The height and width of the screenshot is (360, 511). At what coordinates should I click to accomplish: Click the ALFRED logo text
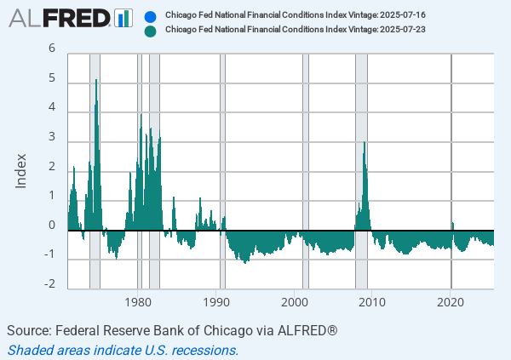(x=60, y=17)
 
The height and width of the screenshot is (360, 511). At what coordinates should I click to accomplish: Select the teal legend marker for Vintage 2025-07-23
(x=151, y=31)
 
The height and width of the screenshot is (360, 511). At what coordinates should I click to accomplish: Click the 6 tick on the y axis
(x=52, y=49)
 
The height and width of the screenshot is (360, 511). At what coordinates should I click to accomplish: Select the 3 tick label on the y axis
(x=52, y=138)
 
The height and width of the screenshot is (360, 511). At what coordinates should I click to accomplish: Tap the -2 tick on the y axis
(x=50, y=285)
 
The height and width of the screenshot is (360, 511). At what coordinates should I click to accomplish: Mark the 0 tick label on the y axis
(x=52, y=226)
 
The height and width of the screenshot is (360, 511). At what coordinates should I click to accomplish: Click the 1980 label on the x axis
(x=139, y=301)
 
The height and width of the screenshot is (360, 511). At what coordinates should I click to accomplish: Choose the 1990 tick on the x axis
(x=216, y=301)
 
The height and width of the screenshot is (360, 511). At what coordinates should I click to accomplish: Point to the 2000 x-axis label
(x=295, y=301)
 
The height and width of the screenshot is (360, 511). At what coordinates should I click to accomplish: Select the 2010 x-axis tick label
(x=372, y=301)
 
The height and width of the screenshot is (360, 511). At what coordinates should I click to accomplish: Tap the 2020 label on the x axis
(x=451, y=301)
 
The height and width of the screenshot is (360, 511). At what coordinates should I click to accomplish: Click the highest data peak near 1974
(x=96, y=80)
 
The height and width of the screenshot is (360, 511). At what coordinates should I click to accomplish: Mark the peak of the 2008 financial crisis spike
(x=365, y=143)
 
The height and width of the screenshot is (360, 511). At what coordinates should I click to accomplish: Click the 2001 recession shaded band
(x=306, y=170)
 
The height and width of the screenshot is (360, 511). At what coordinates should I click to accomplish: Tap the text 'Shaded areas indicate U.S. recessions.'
(x=123, y=349)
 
